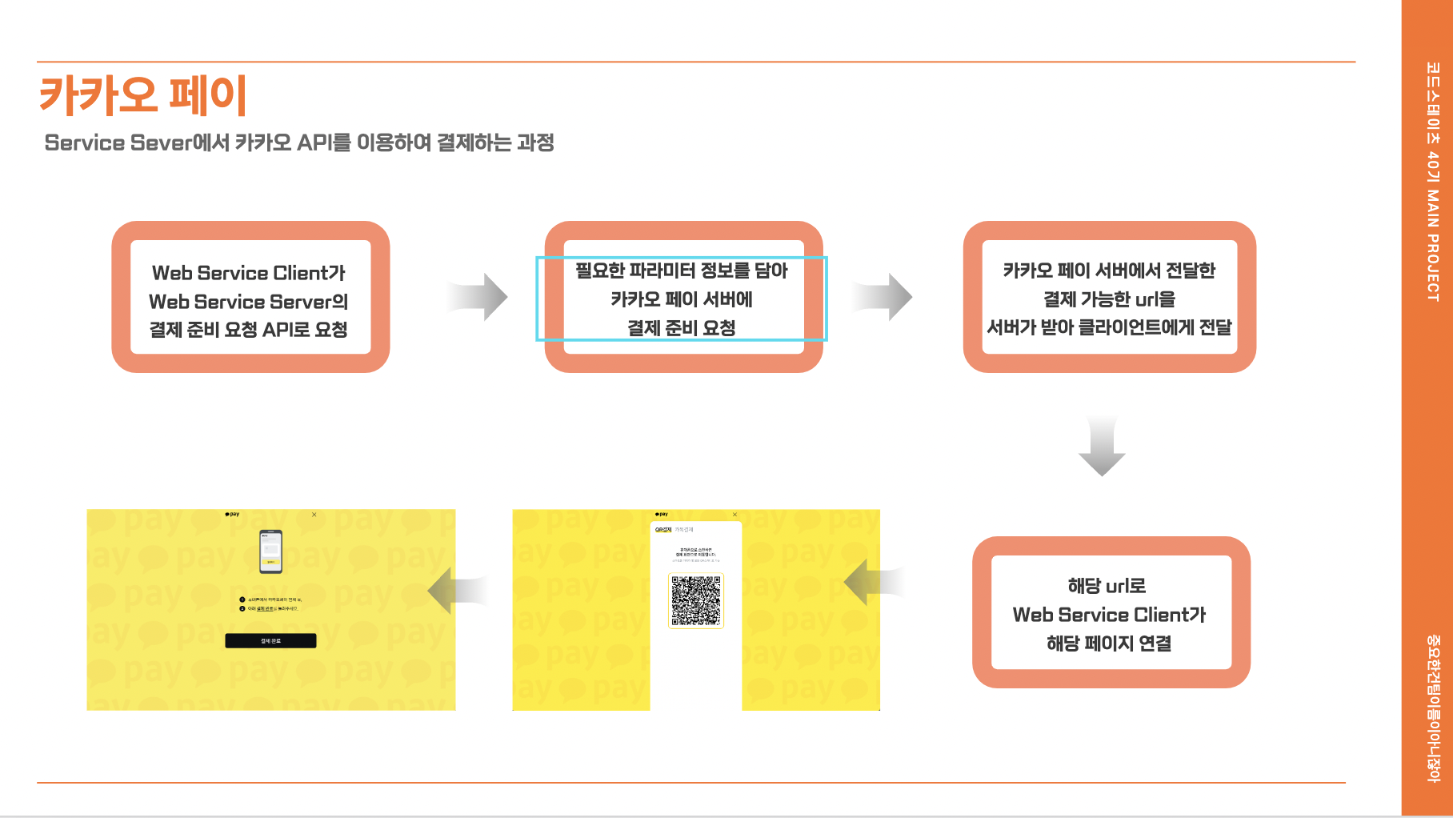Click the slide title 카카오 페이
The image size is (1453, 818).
pyautogui.click(x=143, y=95)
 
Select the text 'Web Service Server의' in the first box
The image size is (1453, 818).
pyautogui.click(x=248, y=302)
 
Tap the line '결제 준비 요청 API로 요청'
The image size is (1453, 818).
pyautogui.click(x=248, y=330)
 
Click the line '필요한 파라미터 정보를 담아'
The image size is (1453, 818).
pyautogui.click(x=681, y=271)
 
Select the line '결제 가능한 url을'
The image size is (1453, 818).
pyautogui.click(x=1109, y=299)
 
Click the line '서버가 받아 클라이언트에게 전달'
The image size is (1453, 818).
pyautogui.click(x=1109, y=327)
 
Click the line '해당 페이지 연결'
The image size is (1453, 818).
pyautogui.click(x=1109, y=644)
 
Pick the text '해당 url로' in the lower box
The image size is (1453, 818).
pyautogui.click(x=1107, y=586)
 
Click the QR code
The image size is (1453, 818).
pyautogui.click(x=696, y=600)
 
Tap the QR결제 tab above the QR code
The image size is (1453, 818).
pyautogui.click(x=663, y=530)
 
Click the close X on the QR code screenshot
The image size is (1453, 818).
pyautogui.click(x=735, y=515)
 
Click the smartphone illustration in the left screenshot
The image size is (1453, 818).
pyautogui.click(x=270, y=551)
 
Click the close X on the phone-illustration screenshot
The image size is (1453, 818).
pyautogui.click(x=314, y=515)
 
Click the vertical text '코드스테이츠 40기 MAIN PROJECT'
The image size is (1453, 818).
pyautogui.click(x=1432, y=182)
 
